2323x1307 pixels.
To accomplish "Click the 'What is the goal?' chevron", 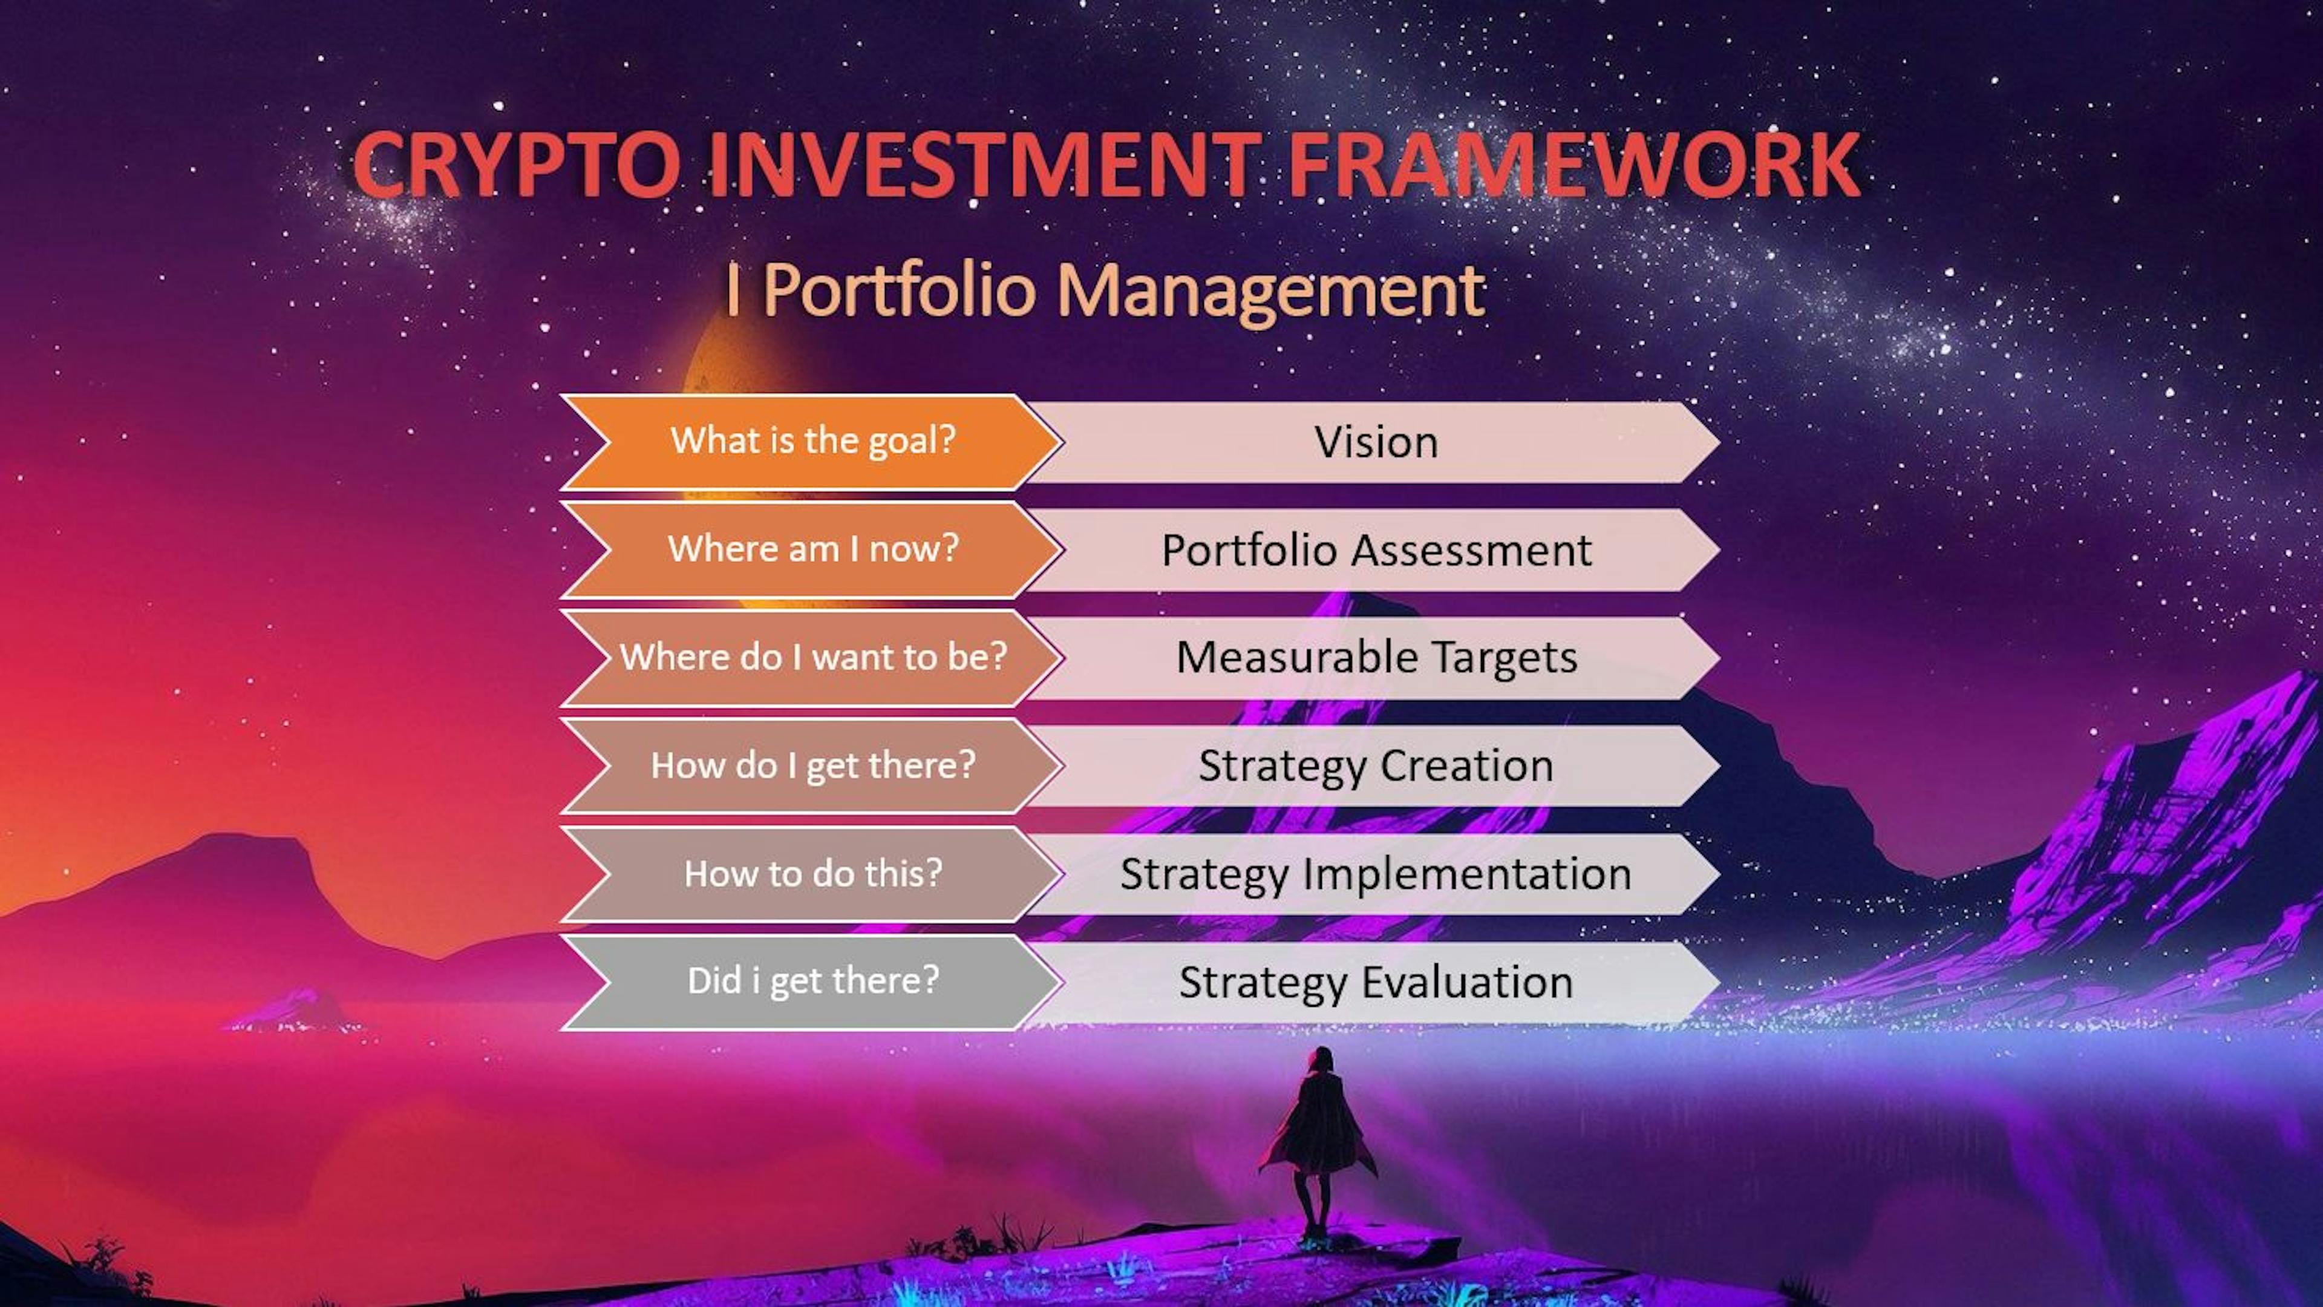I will point(812,441).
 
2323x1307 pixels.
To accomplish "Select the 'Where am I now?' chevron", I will point(812,549).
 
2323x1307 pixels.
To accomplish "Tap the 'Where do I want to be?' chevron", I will point(812,658).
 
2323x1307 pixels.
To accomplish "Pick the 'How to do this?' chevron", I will point(812,874).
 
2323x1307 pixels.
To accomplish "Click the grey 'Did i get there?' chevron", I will point(812,981).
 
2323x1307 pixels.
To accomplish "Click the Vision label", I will point(1375,442).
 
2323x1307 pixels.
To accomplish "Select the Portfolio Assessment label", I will point(1375,550).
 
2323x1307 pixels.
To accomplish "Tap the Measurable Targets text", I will point(1375,658).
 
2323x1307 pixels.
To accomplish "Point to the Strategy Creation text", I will point(1375,766).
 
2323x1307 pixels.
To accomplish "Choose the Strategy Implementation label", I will point(1375,874).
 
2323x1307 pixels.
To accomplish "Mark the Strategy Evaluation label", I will point(1375,982).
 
